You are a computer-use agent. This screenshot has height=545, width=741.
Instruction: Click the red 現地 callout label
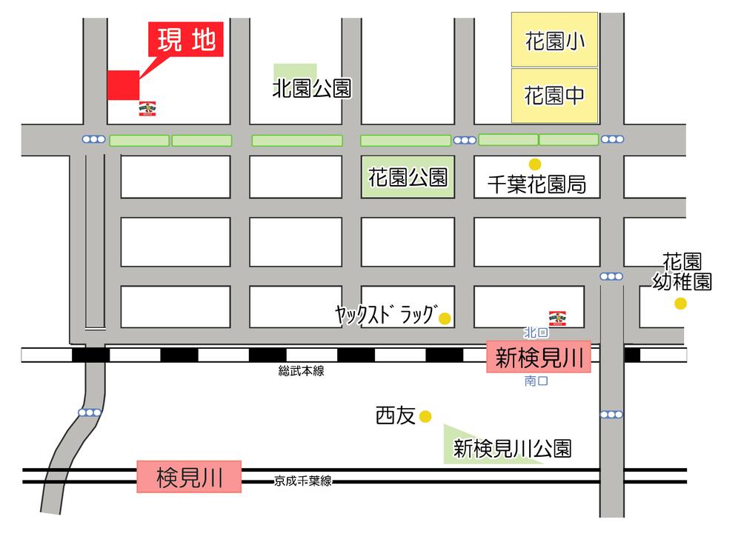pos(187,40)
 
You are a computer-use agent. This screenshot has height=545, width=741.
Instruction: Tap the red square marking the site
pos(123,84)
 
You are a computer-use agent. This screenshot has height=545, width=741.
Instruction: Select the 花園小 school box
pos(554,40)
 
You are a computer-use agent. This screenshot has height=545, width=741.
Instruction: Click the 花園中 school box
pos(554,96)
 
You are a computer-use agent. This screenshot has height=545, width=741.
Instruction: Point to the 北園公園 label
pos(311,90)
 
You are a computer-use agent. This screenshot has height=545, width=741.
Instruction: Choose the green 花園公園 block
pos(408,177)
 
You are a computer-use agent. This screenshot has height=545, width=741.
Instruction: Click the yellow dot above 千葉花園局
pos(534,164)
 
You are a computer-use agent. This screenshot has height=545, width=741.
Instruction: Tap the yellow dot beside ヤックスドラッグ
pos(445,319)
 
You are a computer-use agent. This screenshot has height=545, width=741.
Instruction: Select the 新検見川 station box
pos(539,359)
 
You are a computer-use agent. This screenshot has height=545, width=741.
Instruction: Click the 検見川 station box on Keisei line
pos(189,477)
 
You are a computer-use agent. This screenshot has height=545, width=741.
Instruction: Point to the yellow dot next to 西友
pos(425,417)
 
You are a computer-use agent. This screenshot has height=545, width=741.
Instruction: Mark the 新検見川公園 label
pos(512,448)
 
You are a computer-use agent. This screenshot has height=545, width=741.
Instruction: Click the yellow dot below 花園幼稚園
pos(680,303)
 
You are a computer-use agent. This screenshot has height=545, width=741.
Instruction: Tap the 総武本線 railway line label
pos(302,372)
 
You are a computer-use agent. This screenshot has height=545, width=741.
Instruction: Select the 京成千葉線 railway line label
pos(302,481)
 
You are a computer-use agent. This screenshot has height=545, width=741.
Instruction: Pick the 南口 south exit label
pos(535,382)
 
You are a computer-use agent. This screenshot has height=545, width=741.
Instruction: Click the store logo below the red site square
pos(147,109)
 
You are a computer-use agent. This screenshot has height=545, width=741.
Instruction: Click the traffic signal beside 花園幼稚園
pos(611,276)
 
